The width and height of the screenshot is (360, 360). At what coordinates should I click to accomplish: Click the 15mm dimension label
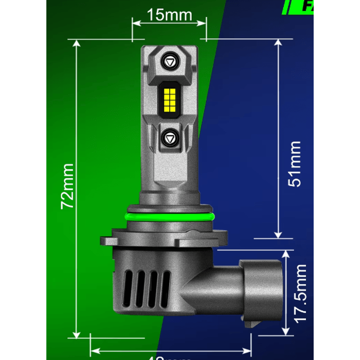(169, 15)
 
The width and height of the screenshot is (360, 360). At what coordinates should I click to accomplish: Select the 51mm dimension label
(295, 163)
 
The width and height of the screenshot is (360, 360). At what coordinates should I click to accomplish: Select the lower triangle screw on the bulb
(170, 137)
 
